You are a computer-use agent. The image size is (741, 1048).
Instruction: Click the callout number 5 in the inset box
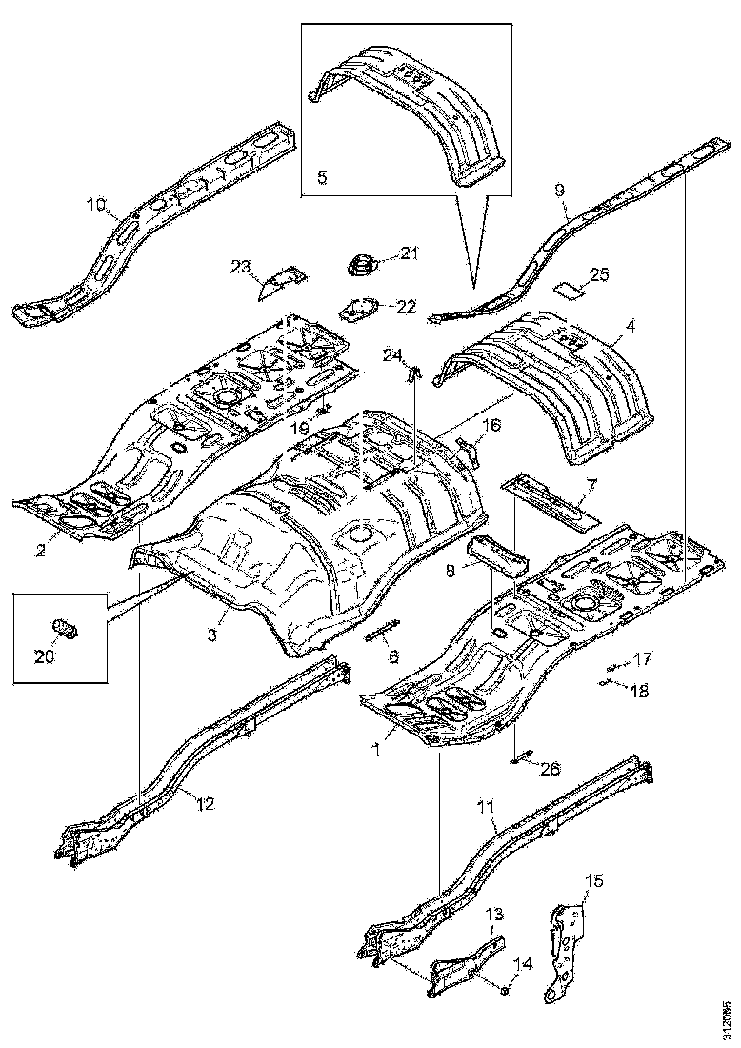[322, 177]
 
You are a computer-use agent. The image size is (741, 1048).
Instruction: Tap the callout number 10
[97, 203]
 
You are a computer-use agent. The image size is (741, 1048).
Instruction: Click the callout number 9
[561, 190]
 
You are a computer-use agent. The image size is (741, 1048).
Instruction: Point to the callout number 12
[205, 803]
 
